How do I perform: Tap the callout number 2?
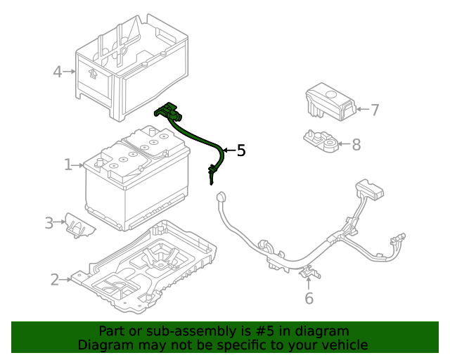pos(55,280)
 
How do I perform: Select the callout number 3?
pos(49,223)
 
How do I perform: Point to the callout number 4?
pos(58,71)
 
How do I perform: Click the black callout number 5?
pos(241,150)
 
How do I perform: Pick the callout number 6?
pos(309,299)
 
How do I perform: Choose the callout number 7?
pos(375,110)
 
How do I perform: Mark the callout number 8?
pos(356,145)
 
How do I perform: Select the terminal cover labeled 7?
pos(328,100)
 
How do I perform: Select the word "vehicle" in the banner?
pos(345,345)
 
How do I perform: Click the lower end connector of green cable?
pos(211,173)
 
